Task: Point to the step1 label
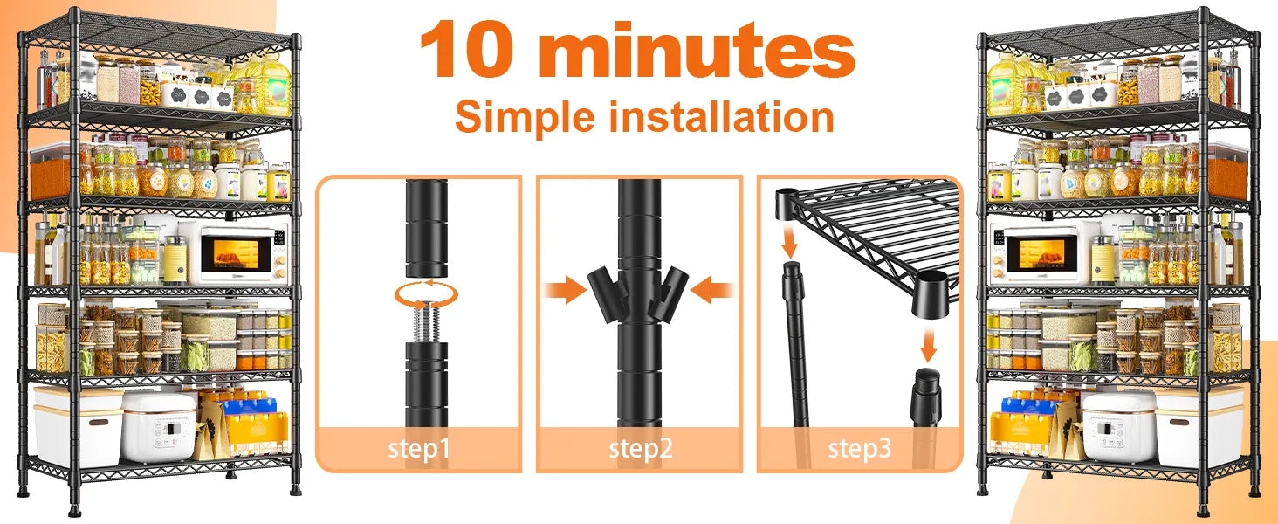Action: coord(419,448)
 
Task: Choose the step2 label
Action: coord(640,448)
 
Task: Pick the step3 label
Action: coord(859,448)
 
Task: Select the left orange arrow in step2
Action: coord(565,290)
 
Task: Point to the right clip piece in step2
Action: coord(671,293)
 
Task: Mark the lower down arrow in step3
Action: coord(928,344)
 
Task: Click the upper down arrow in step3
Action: coord(790,241)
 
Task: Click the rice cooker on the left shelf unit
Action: coord(159,424)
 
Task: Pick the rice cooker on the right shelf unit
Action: coord(1119,426)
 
